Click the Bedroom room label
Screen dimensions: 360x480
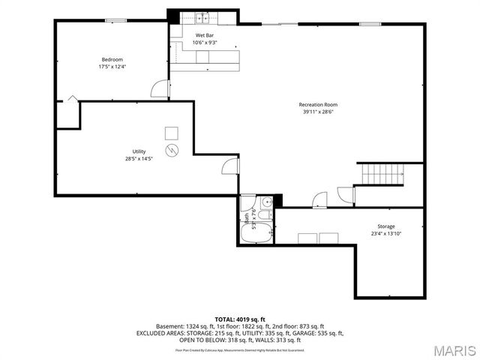tap(112, 59)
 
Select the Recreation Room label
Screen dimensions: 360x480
tap(318, 104)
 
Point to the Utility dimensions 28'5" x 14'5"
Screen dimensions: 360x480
tap(139, 158)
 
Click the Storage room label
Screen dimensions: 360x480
tap(385, 226)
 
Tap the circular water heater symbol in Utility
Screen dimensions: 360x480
tap(172, 150)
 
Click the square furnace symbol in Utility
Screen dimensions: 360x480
tap(172, 133)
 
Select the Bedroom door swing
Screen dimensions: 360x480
tap(160, 89)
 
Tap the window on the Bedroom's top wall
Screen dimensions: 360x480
tap(115, 20)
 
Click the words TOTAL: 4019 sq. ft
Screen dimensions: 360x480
tap(240, 319)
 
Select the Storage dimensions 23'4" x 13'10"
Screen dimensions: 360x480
tap(385, 233)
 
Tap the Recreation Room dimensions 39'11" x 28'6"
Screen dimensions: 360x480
tap(318, 112)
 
